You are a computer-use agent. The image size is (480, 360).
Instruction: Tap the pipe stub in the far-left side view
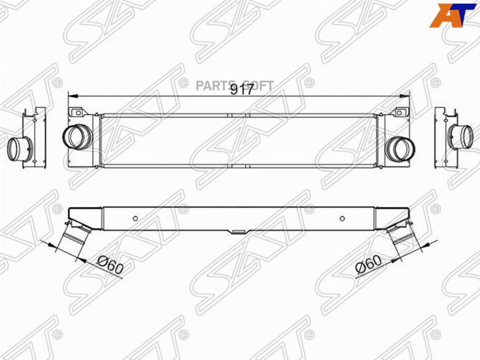[19, 148]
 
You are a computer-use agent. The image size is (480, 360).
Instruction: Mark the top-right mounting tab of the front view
[399, 113]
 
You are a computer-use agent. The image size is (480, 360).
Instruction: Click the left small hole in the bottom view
[135, 218]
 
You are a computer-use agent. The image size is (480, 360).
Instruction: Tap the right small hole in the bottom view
[343, 218]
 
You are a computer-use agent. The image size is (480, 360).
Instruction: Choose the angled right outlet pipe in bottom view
[403, 238]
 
